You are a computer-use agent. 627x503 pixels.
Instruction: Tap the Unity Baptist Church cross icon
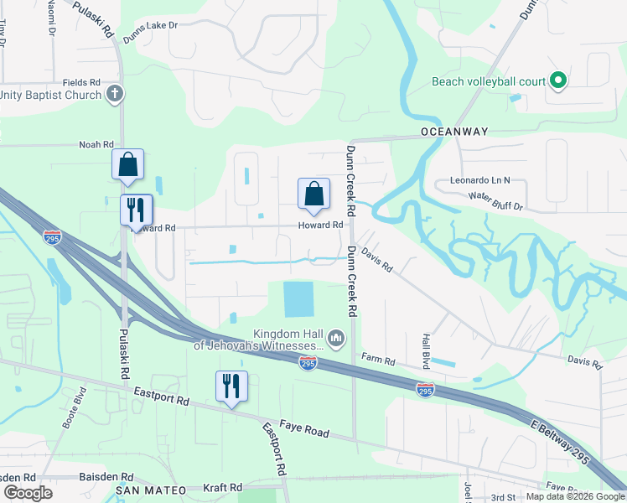(116, 94)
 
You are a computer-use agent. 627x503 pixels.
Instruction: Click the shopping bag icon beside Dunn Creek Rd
(313, 194)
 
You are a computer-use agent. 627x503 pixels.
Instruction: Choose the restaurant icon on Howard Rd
(136, 210)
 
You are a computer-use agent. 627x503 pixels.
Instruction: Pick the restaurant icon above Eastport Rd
(231, 386)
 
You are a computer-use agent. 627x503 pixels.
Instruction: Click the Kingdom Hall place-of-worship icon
(336, 338)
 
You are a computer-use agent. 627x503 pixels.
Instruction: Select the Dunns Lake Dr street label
(152, 26)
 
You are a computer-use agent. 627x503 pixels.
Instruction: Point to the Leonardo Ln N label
(479, 180)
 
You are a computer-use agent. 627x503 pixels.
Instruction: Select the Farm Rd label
(377, 360)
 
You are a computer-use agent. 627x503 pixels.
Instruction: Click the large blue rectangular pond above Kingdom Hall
(298, 299)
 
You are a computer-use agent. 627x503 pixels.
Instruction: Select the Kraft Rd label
(223, 487)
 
